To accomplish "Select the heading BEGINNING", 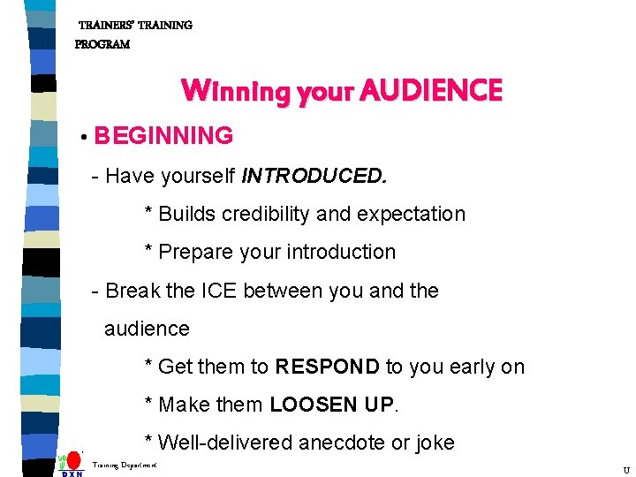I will tap(163, 136).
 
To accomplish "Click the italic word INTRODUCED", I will tap(314, 176).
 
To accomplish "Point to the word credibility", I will tap(257, 214).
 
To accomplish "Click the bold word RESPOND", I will tap(327, 367).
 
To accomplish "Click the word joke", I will tap(432, 443).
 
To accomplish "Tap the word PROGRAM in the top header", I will tap(102, 44).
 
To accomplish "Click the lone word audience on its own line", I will tap(147, 329).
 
